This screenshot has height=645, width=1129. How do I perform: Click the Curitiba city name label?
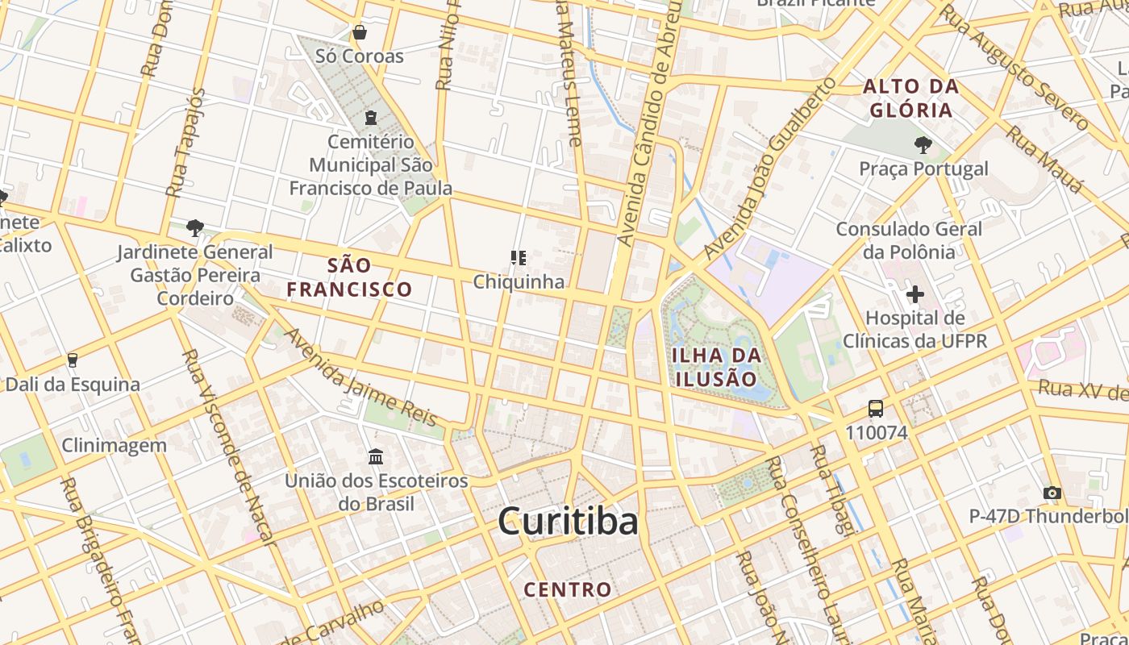click(569, 522)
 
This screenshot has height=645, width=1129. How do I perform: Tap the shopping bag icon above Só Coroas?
click(360, 33)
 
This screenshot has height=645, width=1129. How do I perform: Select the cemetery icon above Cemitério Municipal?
click(370, 118)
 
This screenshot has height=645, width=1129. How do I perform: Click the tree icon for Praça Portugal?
click(923, 145)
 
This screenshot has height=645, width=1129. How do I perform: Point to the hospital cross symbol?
click(914, 294)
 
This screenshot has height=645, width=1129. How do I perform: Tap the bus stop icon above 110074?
click(876, 409)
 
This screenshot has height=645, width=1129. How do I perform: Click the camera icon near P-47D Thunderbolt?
click(1052, 493)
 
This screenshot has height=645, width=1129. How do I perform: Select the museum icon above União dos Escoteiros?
click(376, 457)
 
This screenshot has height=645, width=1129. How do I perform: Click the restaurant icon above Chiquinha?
click(518, 258)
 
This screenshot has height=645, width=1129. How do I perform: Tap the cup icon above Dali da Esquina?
click(73, 360)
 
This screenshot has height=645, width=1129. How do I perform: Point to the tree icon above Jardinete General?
click(194, 228)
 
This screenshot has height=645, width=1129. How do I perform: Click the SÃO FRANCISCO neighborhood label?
click(350, 277)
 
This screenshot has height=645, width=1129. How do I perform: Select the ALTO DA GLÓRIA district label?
click(911, 98)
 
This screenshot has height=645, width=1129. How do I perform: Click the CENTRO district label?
click(568, 589)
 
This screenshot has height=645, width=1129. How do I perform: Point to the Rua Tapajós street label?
click(185, 144)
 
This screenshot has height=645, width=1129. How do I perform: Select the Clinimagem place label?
click(115, 445)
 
